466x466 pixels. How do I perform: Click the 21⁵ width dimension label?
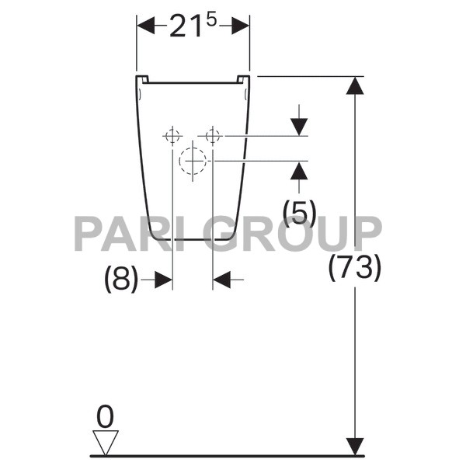[193, 26]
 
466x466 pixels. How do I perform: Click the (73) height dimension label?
[355, 268]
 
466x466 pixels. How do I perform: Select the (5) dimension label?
[299, 213]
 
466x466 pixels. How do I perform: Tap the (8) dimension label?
[121, 280]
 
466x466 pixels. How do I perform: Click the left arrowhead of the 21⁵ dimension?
[146, 26]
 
